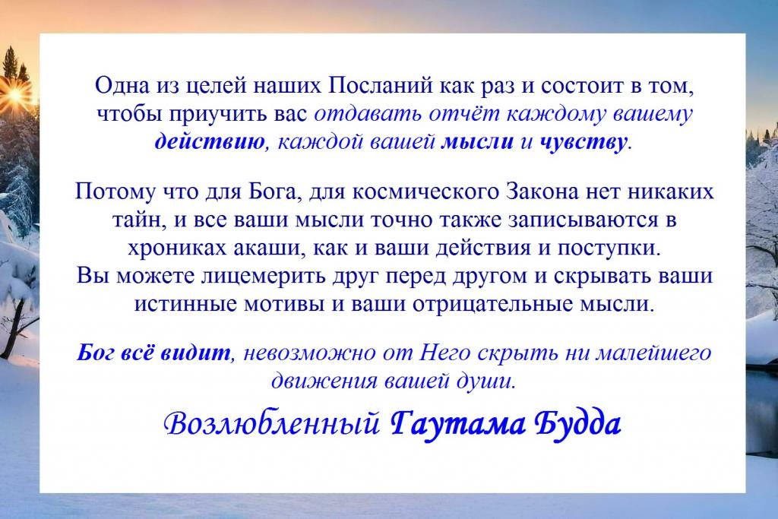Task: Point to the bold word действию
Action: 210,142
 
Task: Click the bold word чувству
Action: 583,142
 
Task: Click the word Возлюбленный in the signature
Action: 273,424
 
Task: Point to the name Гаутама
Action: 457,426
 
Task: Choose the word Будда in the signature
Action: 577,424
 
